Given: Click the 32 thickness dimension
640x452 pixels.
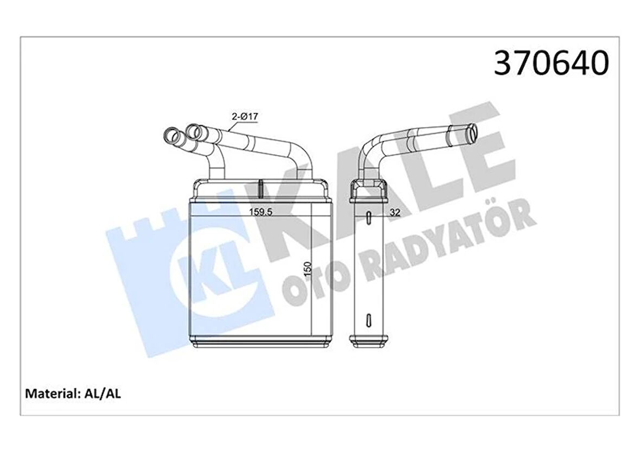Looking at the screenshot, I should coord(395,213).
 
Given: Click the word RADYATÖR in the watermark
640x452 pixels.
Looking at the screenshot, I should coord(445,233).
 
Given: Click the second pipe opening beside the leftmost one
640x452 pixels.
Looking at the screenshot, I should coord(193,130).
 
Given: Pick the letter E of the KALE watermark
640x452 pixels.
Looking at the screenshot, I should coord(477,157).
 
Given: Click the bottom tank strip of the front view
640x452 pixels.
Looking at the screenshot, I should coord(260,341).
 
